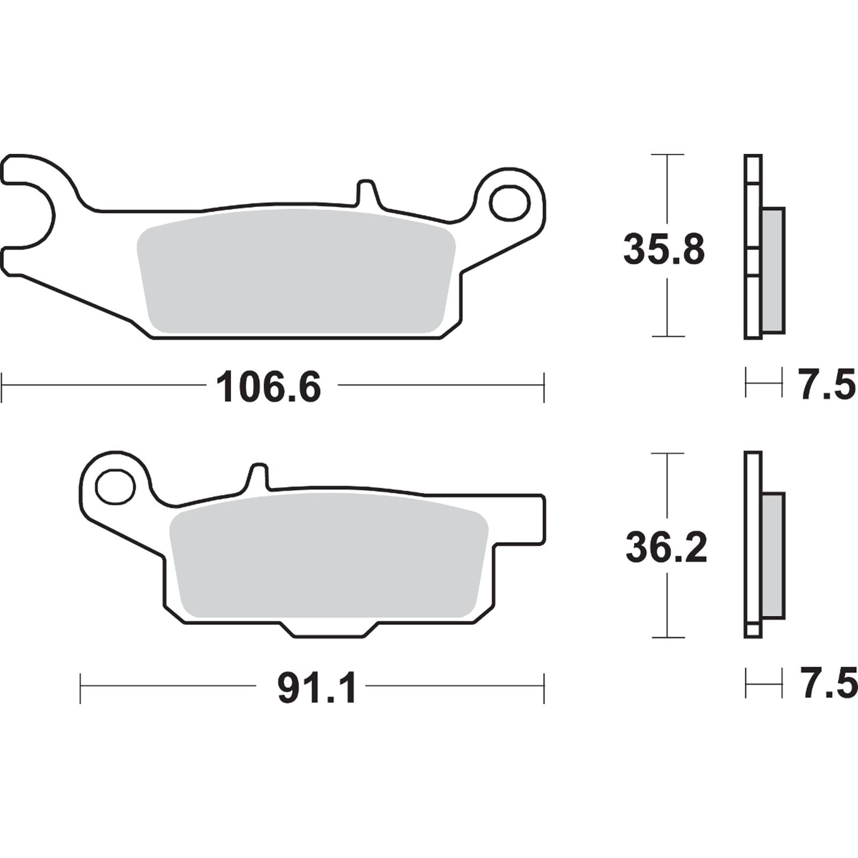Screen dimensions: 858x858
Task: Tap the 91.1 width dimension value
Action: point(317,689)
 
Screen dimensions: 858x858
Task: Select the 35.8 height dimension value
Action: point(664,250)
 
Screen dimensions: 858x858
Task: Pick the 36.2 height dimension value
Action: point(666,548)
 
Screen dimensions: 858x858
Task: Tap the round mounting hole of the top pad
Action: point(509,203)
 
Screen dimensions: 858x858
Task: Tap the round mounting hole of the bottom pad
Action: point(114,486)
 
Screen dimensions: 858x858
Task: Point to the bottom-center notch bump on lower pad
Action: point(329,630)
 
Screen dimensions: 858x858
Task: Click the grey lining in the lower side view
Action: point(773,555)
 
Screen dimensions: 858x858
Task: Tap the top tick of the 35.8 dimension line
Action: point(667,154)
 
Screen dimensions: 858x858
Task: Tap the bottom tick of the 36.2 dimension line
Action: point(667,638)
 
